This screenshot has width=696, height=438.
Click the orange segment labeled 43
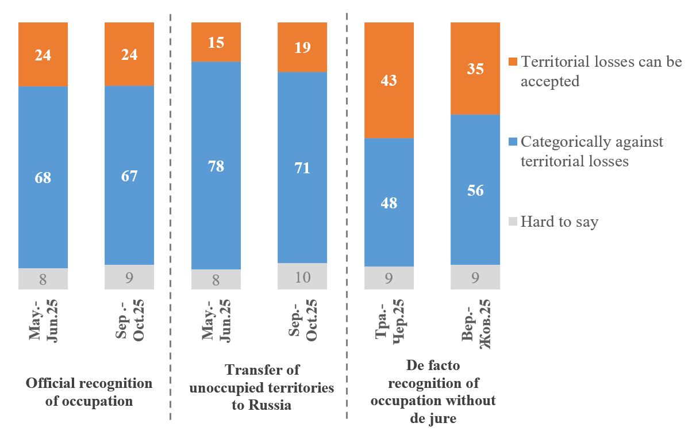point(389,80)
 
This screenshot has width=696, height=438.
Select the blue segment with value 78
point(216,166)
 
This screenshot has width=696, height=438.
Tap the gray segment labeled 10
point(302,276)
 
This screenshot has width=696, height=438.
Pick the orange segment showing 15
point(216,42)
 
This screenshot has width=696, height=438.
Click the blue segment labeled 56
point(475,190)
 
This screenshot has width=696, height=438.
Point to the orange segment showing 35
point(475,68)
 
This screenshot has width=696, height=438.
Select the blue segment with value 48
point(389,203)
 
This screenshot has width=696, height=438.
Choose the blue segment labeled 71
point(302,167)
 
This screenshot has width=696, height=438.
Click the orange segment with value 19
point(302,47)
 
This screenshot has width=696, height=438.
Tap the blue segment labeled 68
point(43,177)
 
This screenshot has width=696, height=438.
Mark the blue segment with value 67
point(129,176)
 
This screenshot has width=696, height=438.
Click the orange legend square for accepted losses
point(513,62)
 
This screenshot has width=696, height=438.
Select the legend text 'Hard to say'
point(559,222)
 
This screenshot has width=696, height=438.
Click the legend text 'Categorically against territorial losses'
point(591,151)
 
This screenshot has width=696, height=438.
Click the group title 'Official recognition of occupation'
point(89,392)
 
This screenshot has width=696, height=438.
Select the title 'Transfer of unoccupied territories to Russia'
point(262,387)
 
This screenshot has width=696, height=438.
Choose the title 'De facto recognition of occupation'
point(433,391)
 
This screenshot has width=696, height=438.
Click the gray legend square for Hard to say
point(513,222)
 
